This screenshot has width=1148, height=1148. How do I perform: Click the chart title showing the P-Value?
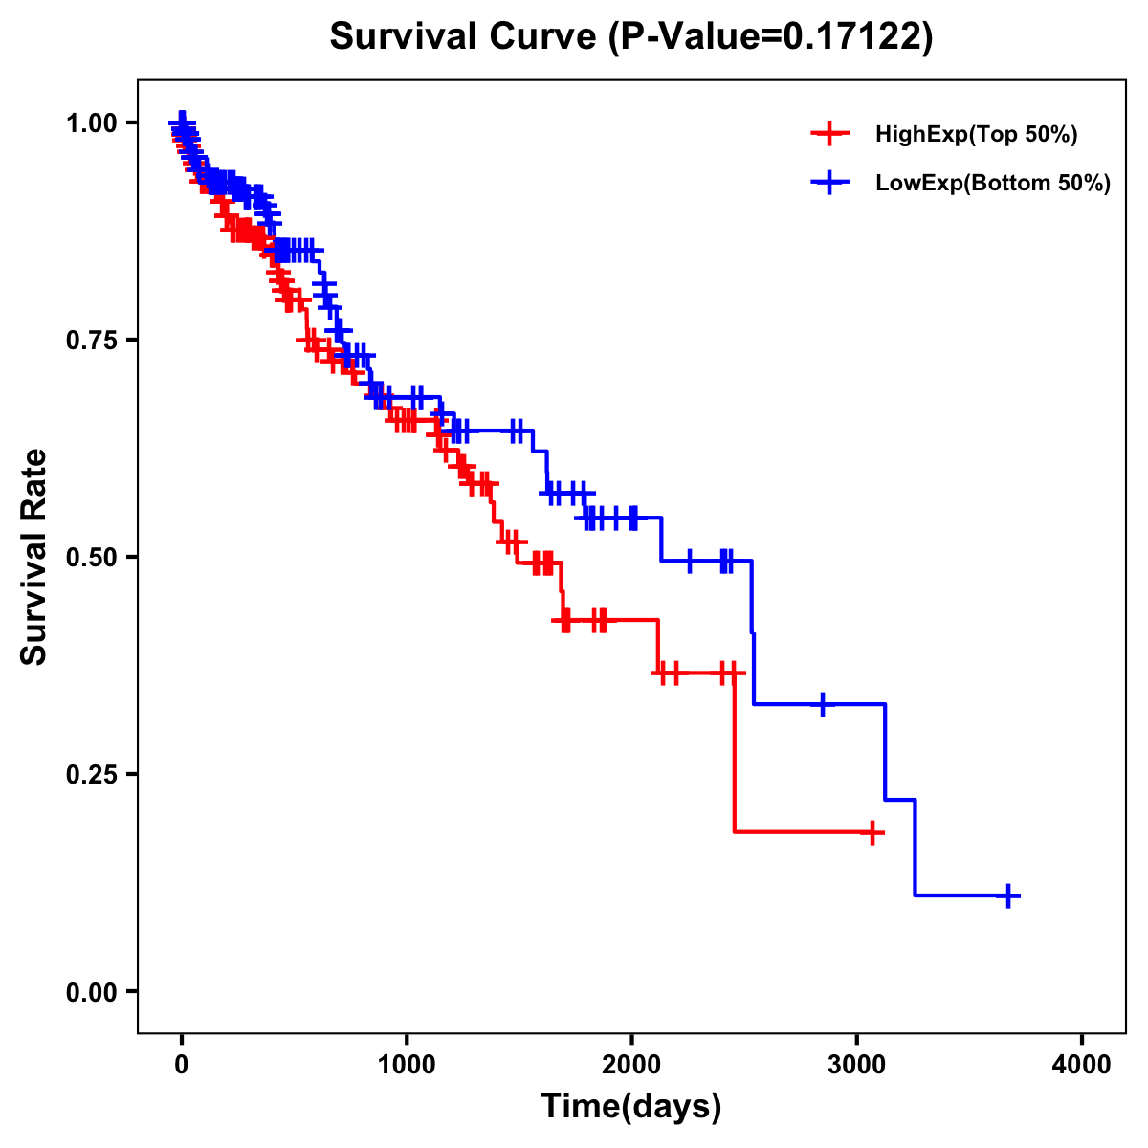(x=631, y=36)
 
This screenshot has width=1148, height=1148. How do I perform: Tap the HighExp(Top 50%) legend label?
(x=976, y=135)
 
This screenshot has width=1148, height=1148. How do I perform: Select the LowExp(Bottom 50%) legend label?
(x=993, y=184)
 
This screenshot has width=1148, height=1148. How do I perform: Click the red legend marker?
(x=829, y=134)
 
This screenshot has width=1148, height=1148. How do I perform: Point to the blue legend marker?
(x=829, y=183)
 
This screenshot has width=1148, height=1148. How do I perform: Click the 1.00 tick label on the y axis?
(x=92, y=123)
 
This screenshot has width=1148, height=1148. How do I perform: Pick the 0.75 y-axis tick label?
(x=92, y=340)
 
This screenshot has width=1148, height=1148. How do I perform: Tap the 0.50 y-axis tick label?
(x=92, y=557)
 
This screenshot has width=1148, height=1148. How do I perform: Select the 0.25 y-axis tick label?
(x=92, y=774)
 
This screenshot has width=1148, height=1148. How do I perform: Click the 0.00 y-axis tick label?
(x=92, y=991)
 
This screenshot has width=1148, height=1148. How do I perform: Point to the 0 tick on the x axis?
(x=182, y=1065)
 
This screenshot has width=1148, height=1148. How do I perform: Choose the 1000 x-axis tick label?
(x=407, y=1065)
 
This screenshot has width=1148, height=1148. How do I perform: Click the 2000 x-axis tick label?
(x=631, y=1065)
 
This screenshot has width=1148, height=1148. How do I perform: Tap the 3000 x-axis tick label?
(x=856, y=1065)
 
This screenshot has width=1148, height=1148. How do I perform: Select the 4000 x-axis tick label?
(x=1082, y=1065)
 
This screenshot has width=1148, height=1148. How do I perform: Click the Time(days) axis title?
(x=631, y=1107)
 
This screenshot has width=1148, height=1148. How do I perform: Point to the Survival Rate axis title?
(x=34, y=557)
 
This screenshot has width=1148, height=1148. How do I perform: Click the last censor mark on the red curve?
(x=872, y=832)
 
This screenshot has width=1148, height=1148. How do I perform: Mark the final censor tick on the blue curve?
(x=1008, y=895)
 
